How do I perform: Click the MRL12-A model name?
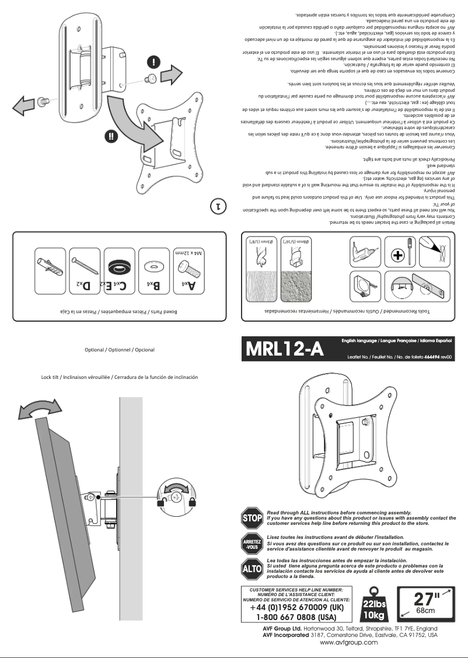(284, 349)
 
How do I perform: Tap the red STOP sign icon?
(252, 518)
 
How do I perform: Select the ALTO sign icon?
(252, 568)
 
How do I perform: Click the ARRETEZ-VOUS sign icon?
(252, 544)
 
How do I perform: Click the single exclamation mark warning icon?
(153, 61)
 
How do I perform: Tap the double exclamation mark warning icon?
(111, 137)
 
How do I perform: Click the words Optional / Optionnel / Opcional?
(120, 350)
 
